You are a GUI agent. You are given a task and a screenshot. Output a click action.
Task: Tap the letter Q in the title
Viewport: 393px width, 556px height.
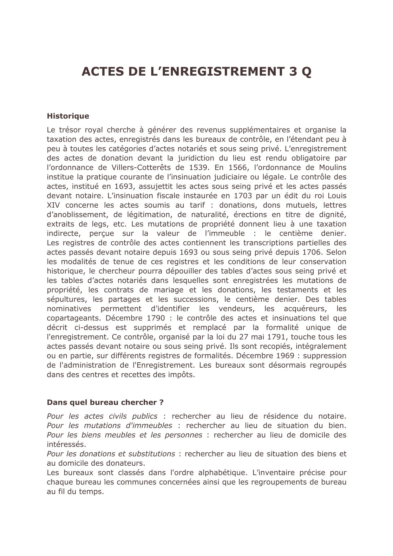306,72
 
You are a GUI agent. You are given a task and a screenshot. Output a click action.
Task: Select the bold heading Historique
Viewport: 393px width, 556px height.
68,116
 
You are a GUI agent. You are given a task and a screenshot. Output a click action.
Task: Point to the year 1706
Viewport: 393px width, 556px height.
311,252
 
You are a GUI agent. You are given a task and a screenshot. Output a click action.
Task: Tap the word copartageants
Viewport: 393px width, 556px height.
74,318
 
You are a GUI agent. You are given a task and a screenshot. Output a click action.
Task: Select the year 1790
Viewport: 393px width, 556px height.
156,318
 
